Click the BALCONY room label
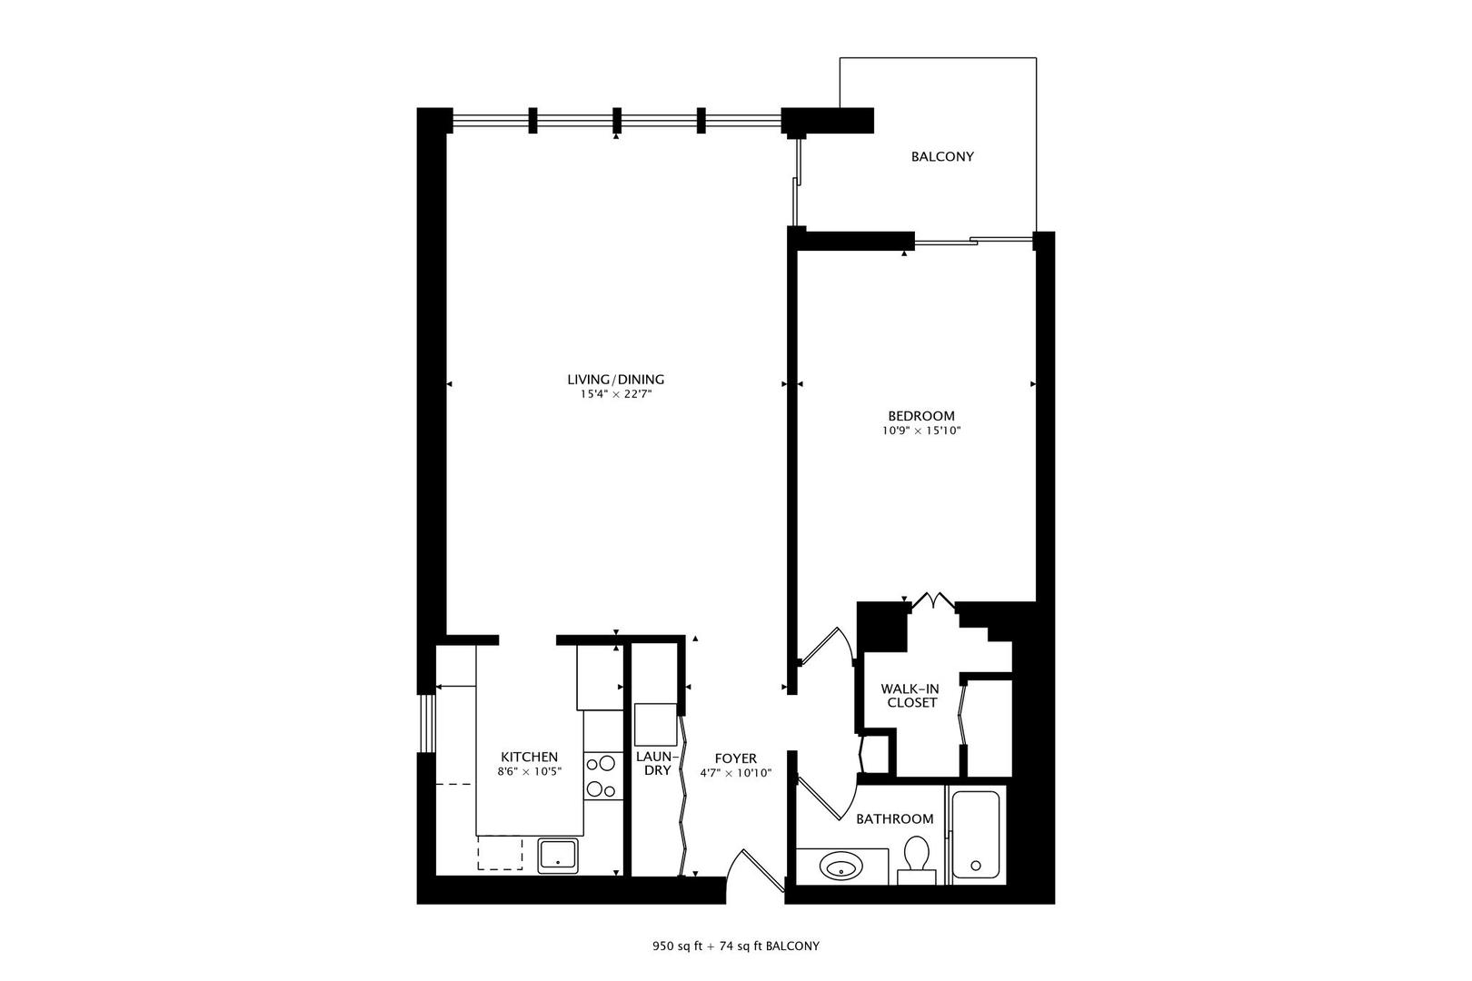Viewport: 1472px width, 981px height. click(x=942, y=156)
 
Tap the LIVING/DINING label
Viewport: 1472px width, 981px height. click(x=616, y=380)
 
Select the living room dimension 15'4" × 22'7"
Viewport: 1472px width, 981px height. click(x=616, y=395)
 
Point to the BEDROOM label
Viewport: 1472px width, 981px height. click(x=921, y=416)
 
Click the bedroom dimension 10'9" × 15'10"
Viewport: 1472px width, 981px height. click(x=921, y=431)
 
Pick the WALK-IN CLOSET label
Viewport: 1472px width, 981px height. click(x=910, y=696)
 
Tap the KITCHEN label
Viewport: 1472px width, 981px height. click(x=530, y=757)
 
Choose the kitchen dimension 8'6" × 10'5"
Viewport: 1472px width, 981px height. click(x=530, y=772)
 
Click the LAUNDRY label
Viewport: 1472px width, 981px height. click(x=653, y=763)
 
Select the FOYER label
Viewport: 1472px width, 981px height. click(x=735, y=758)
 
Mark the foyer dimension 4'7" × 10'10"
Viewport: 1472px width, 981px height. click(x=735, y=773)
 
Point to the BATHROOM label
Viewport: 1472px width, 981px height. click(x=895, y=818)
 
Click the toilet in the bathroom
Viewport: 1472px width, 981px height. click(x=916, y=857)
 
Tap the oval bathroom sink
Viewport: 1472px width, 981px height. click(x=841, y=866)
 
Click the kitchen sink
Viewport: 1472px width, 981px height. click(x=558, y=856)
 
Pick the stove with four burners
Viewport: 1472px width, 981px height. click(x=600, y=776)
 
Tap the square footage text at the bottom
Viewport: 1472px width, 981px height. click(x=735, y=946)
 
